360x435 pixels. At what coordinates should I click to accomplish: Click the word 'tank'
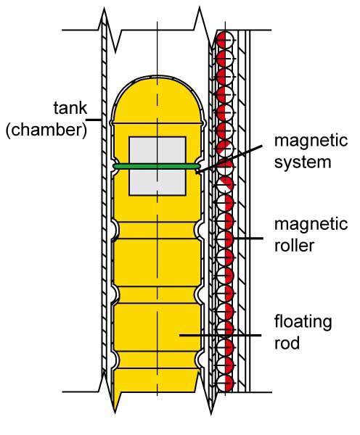70,108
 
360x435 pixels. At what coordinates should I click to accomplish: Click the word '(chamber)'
46,130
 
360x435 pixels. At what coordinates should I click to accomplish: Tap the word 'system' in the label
303,162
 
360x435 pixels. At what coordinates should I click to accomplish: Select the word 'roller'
294,245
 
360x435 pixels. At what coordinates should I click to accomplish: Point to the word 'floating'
303,322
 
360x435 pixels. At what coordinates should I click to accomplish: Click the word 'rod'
287,343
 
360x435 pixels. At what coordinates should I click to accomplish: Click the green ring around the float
157,166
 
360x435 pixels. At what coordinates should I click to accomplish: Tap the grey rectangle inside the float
157,166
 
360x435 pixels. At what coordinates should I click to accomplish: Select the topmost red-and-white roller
225,40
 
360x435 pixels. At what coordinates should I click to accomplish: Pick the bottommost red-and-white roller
225,384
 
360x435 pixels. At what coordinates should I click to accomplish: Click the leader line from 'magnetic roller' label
247,238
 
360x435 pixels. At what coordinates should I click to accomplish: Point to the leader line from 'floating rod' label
220,335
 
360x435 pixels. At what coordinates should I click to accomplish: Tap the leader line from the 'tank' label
94,120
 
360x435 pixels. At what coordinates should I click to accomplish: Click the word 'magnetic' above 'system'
311,141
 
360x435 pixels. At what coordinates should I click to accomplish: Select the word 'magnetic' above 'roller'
311,223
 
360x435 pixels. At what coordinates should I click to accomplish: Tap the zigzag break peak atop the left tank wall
104,9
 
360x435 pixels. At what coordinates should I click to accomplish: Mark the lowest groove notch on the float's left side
115,360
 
